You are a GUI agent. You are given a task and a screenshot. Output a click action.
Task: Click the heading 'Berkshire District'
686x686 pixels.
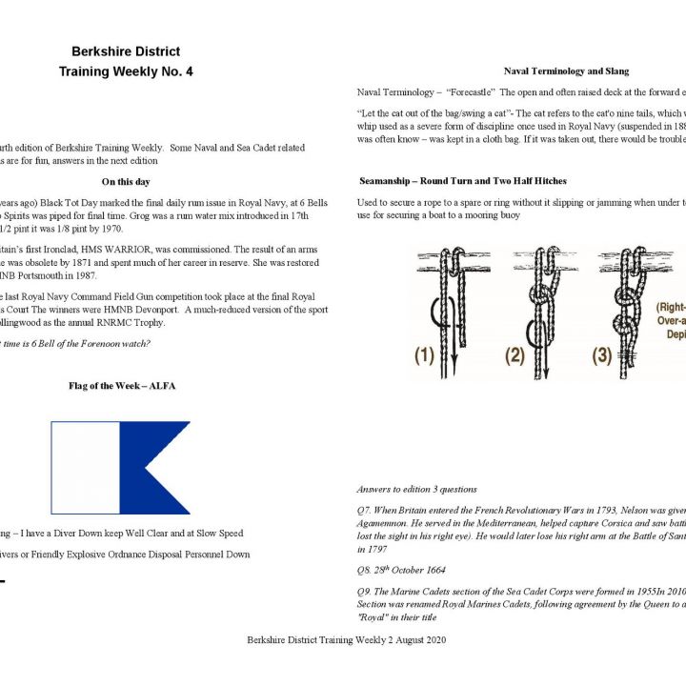(x=125, y=51)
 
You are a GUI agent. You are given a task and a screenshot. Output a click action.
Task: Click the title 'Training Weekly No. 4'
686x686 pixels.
(x=125, y=71)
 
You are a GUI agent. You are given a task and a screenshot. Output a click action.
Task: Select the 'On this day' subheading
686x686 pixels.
(x=125, y=181)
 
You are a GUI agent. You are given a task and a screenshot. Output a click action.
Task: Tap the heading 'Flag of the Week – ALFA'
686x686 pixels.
(x=121, y=386)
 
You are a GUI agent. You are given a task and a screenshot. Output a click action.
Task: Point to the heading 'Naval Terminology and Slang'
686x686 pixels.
(x=566, y=71)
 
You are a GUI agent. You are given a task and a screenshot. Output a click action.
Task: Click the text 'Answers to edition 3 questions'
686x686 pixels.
(x=416, y=488)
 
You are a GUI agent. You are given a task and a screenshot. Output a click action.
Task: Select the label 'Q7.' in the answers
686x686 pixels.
(x=366, y=510)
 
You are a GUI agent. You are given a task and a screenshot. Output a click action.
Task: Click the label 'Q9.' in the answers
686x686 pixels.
(x=366, y=591)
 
